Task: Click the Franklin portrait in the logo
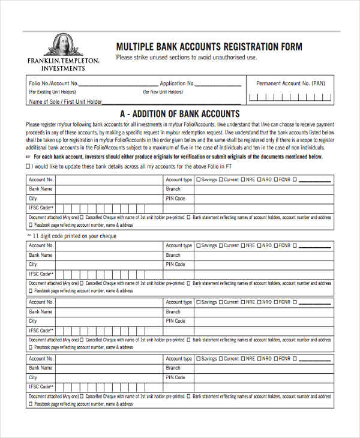tap(62, 45)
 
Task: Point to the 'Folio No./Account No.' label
tap(53, 83)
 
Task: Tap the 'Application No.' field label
tap(177, 83)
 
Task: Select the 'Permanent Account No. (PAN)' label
tap(290, 83)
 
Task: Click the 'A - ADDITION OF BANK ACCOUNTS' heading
tap(180, 114)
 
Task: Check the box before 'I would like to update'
tap(28, 166)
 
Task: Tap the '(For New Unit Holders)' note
tap(163, 92)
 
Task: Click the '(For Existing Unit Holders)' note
tap(52, 92)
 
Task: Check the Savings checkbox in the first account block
tap(199, 179)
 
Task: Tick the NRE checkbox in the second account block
tap(243, 245)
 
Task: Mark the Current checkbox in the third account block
tap(221, 302)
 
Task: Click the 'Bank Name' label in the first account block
tap(41, 188)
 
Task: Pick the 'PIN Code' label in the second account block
tap(175, 264)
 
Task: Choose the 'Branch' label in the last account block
tap(173, 368)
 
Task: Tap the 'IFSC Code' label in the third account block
tap(41, 331)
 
